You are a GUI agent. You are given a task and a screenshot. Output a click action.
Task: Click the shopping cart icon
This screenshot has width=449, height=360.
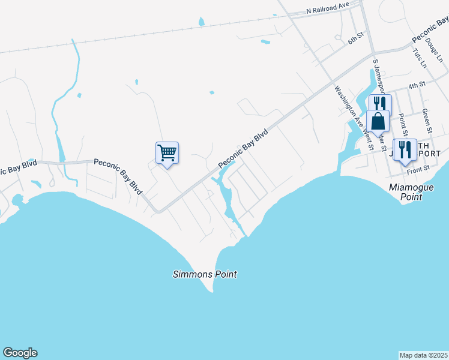click(167, 152)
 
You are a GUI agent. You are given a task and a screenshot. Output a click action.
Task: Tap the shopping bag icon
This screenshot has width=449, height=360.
click(378, 121)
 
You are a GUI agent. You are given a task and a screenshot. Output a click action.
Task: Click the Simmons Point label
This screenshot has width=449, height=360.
click(205, 274)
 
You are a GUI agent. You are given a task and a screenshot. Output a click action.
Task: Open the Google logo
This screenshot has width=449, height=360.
click(20, 353)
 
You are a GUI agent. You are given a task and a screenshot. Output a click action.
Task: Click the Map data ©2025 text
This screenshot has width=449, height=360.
click(423, 355)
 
